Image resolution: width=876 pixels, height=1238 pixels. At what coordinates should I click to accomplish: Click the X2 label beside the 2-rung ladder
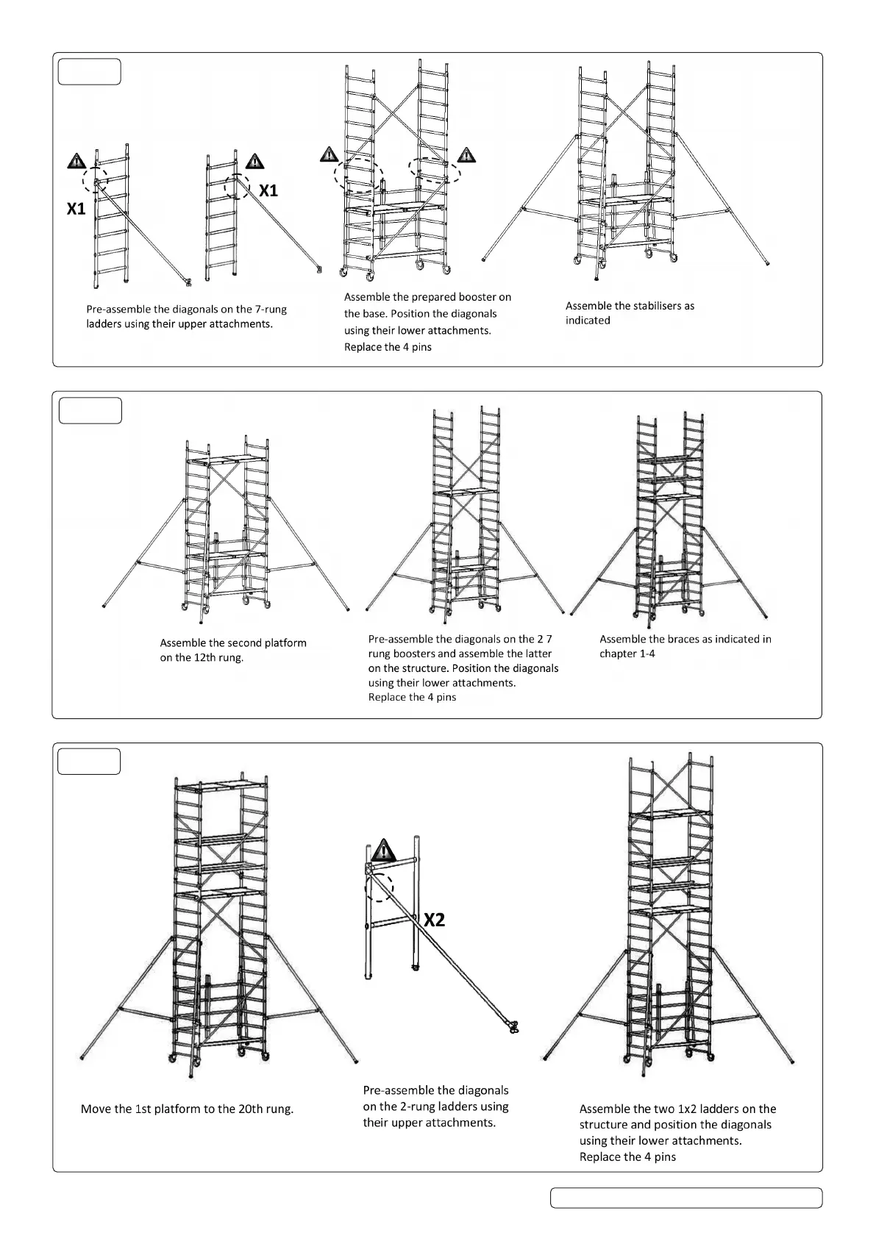[435, 920]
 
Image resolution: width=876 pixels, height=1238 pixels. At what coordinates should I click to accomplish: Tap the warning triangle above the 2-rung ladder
[383, 851]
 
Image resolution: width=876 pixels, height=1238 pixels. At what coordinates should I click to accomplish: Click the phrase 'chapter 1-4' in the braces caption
[627, 654]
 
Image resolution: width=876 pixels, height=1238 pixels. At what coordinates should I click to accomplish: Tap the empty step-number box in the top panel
[89, 72]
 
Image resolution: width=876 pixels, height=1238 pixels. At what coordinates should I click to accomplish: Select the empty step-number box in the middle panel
[90, 411]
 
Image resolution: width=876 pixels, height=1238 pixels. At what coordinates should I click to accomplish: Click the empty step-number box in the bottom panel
[89, 762]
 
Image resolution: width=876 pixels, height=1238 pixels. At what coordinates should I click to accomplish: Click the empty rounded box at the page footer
[686, 1198]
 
